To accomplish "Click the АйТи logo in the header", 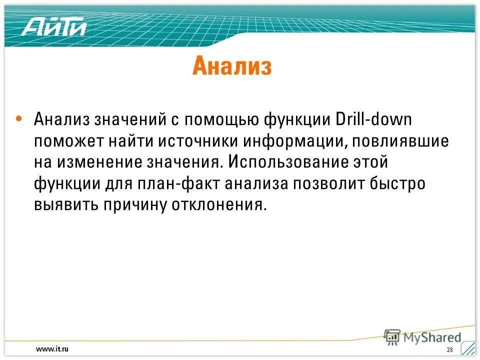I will pos(54,25).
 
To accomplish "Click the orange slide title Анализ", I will pos(231,66).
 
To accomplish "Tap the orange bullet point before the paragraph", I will pos(18,119).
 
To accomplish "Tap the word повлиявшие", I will pos(400,141).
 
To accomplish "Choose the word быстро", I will pos(400,183).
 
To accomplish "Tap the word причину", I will pos(136,205).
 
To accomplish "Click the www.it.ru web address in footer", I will pos(52,348).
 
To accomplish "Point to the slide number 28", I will pos(449,349).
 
